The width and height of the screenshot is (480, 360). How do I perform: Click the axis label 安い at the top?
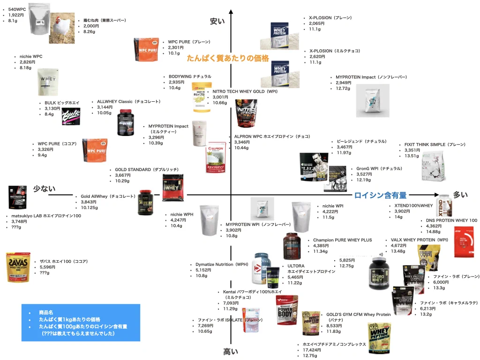217,21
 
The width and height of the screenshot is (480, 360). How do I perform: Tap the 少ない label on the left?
44,188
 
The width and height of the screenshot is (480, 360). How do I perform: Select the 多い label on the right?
460,195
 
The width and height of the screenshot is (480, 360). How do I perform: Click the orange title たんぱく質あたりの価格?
228,58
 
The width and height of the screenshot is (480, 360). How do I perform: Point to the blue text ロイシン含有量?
380,195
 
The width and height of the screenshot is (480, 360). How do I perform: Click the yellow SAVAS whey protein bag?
18,267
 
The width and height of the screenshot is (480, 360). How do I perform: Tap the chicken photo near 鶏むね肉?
62,28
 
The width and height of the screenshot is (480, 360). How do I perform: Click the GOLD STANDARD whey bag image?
172,187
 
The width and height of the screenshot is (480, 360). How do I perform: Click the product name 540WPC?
17,9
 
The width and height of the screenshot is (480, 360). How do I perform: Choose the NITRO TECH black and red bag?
246,113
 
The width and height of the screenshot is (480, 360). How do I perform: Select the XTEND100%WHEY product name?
411,205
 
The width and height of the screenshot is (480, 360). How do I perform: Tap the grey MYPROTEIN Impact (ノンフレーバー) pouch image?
372,100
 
